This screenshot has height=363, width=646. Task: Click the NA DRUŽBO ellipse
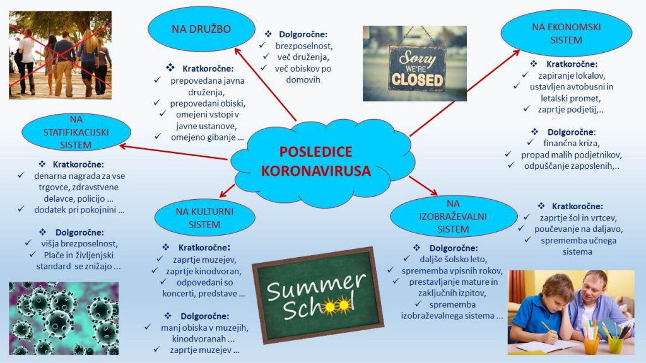pyautogui.click(x=201, y=29)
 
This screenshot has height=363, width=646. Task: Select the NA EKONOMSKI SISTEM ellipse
pyautogui.click(x=566, y=33)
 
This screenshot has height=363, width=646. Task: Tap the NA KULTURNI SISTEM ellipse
pyautogui.click(x=205, y=217)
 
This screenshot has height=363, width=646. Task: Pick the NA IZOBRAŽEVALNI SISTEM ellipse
pyautogui.click(x=453, y=216)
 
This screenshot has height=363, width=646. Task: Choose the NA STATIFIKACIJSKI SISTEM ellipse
pyautogui.click(x=76, y=132)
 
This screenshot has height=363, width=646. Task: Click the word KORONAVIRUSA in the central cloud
pyautogui.click(x=316, y=171)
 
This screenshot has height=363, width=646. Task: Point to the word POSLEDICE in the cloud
pyautogui.click(x=316, y=152)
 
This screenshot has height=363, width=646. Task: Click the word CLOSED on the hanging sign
pyautogui.click(x=417, y=79)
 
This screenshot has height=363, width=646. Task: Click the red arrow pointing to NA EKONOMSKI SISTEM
pyautogui.click(x=465, y=93)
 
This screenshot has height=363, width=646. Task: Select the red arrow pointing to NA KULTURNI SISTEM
pyautogui.click(x=227, y=191)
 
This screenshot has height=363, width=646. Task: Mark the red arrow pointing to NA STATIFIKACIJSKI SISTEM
pyautogui.click(x=173, y=152)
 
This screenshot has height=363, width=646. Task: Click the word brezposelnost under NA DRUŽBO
pyautogui.click(x=303, y=46)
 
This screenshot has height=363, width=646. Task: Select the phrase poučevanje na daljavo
pyautogui.click(x=578, y=229)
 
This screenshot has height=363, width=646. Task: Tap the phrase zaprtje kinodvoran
pyautogui.click(x=204, y=272)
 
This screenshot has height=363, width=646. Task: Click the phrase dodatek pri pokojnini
pyautogui.click(x=79, y=210)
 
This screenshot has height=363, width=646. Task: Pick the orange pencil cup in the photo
pyautogui.click(x=592, y=345)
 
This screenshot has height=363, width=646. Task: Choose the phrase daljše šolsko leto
pyautogui.click(x=453, y=260)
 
